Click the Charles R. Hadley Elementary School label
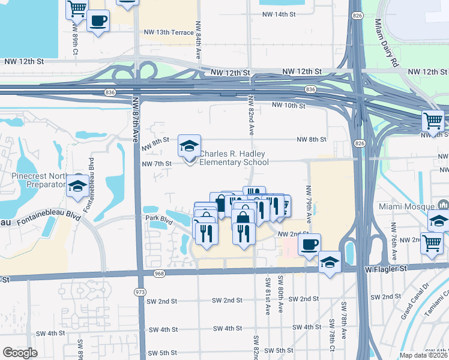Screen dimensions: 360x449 coord(234,158)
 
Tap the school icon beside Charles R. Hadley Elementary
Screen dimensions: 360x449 coord(188,146)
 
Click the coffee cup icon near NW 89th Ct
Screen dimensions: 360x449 coord(98,21)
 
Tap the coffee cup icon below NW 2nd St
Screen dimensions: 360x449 coord(309,244)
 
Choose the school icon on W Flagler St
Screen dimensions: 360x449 coord(329,262)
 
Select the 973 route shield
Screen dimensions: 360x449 coord(140,292)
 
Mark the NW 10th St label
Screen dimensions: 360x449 coord(289,106)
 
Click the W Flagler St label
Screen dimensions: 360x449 coord(386,270)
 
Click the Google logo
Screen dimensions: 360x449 coord(20,353)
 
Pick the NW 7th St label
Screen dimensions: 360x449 coord(156,163)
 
